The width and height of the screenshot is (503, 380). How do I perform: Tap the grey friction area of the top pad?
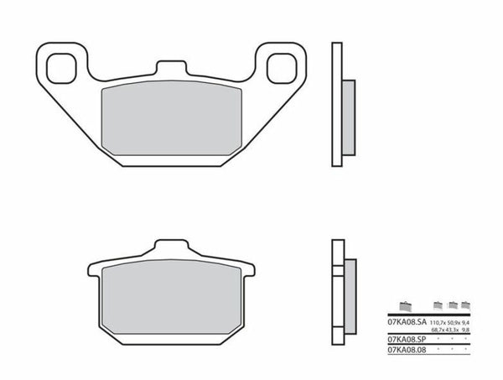pos(171,122)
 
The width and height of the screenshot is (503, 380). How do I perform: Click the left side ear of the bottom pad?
pos(94,269)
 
